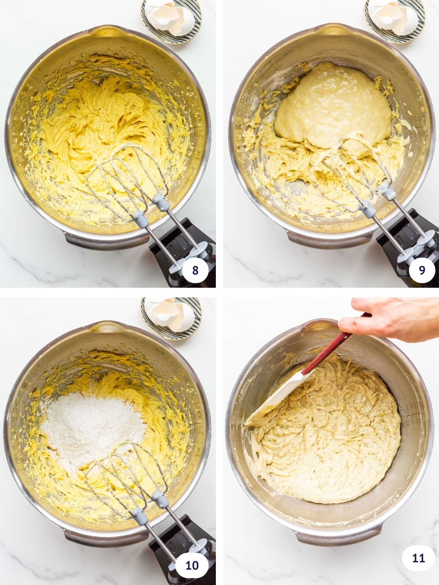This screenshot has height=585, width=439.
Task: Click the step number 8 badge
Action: click(x=195, y=270)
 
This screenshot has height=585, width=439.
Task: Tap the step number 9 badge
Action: click(x=422, y=270)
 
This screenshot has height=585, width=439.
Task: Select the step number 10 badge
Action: click(x=192, y=565)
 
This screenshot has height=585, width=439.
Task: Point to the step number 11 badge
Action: click(x=418, y=559)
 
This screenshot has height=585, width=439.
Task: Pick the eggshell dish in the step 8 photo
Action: click(x=171, y=20)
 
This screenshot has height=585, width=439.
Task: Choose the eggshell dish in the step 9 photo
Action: click(x=395, y=18)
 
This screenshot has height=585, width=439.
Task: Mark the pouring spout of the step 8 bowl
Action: click(x=106, y=32)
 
